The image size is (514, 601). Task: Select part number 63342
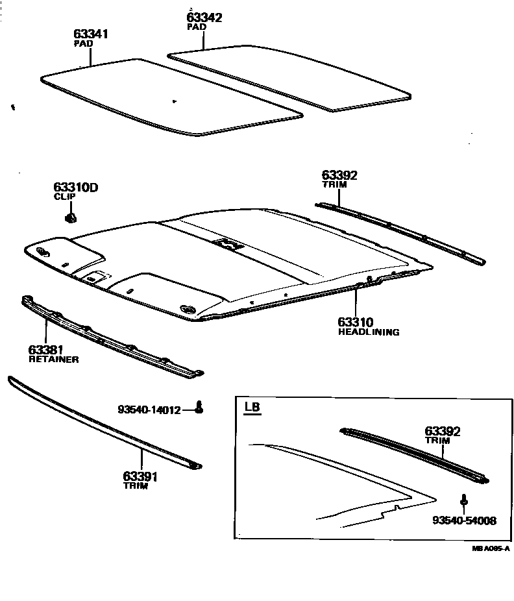click(x=204, y=18)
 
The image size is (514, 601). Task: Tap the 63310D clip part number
click(x=75, y=188)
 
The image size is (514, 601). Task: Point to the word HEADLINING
click(x=369, y=332)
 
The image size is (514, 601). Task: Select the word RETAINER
click(x=54, y=359)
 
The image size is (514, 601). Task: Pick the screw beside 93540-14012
click(x=201, y=407)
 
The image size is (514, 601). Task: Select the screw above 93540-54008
click(x=465, y=501)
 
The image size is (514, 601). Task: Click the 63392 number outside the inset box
click(x=339, y=175)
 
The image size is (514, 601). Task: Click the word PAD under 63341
click(x=84, y=43)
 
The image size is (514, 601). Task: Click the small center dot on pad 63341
click(x=174, y=101)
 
